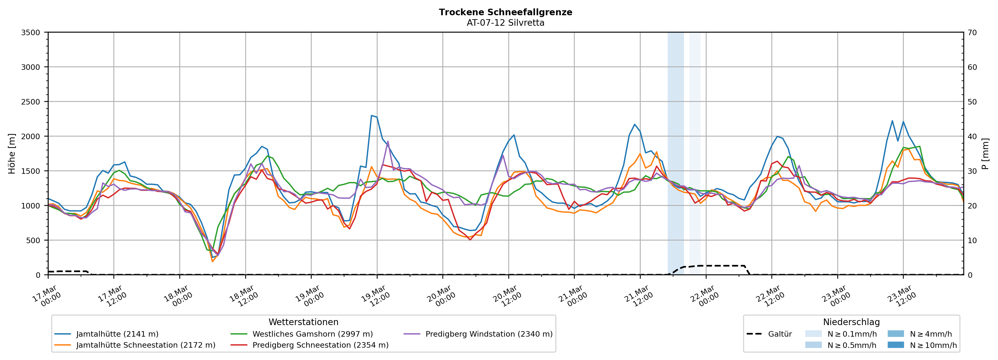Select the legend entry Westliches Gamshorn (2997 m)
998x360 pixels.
click(x=312, y=334)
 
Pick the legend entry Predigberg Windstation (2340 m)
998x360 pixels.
click(x=489, y=334)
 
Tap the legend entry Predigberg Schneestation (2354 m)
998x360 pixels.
click(x=320, y=345)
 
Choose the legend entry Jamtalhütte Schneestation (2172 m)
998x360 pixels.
click(x=146, y=345)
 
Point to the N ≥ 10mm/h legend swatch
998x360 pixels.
click(x=895, y=345)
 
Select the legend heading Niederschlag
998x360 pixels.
click(x=851, y=322)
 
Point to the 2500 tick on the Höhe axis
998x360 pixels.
click(x=31, y=102)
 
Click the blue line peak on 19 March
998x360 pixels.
click(x=372, y=116)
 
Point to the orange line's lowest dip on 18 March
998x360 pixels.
click(x=212, y=262)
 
